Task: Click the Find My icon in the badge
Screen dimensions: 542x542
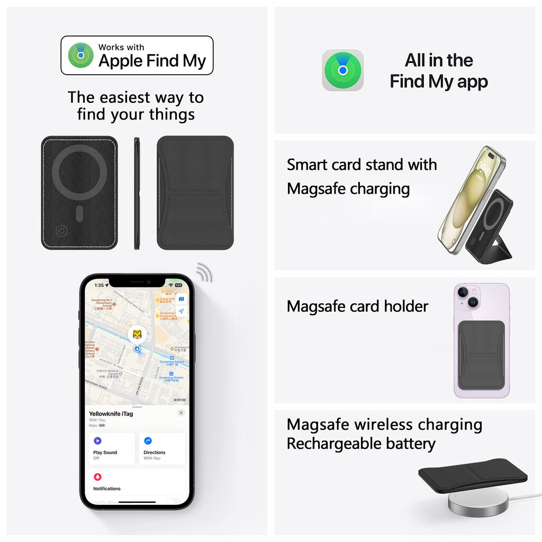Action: coord(80,55)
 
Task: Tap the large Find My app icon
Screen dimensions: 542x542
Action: coord(343,70)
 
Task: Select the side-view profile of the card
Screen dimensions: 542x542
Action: coord(137,193)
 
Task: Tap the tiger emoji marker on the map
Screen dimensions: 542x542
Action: coord(137,334)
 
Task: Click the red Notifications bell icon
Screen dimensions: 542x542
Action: coord(97,477)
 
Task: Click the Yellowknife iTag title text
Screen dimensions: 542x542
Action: coord(111,414)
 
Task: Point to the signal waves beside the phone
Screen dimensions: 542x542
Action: coord(204,273)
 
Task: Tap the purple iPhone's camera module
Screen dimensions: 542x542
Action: coord(467,297)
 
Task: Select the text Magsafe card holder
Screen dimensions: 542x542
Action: coord(357,306)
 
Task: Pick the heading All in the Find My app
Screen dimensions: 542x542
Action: coord(438,71)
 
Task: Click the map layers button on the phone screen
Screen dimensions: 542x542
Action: coord(181,299)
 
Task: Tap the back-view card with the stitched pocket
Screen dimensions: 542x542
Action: coord(195,193)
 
